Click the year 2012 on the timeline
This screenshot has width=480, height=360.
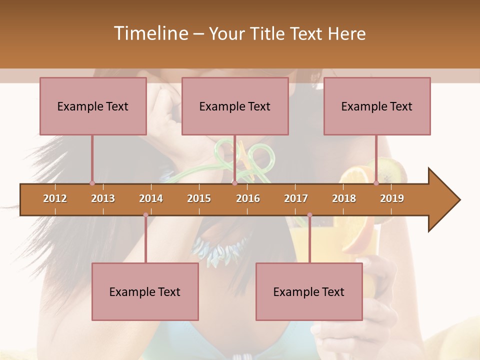[x=55, y=198]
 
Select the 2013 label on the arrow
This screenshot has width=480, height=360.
[x=103, y=198]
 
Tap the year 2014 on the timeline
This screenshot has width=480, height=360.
[x=151, y=198]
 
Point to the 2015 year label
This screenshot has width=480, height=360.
[x=199, y=198]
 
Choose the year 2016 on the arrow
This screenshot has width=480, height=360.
[x=248, y=198]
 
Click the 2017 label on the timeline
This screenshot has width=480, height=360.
[x=296, y=198]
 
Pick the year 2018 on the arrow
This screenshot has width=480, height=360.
[x=344, y=198]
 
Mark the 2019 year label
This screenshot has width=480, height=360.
[x=392, y=198]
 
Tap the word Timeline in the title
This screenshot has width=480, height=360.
[x=150, y=33]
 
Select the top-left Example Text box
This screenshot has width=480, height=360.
[x=93, y=106]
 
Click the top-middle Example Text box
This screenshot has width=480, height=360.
[x=235, y=106]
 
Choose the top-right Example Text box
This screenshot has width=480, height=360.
[x=377, y=106]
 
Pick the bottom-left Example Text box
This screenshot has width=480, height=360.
[x=145, y=291]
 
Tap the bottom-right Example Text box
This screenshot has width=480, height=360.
[x=309, y=291]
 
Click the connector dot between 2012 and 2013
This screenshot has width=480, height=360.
[x=92, y=183]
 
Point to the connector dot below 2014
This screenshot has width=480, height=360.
[x=145, y=215]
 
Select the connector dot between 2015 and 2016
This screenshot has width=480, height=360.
[x=234, y=183]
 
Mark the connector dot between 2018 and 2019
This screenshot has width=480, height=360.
[x=376, y=183]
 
